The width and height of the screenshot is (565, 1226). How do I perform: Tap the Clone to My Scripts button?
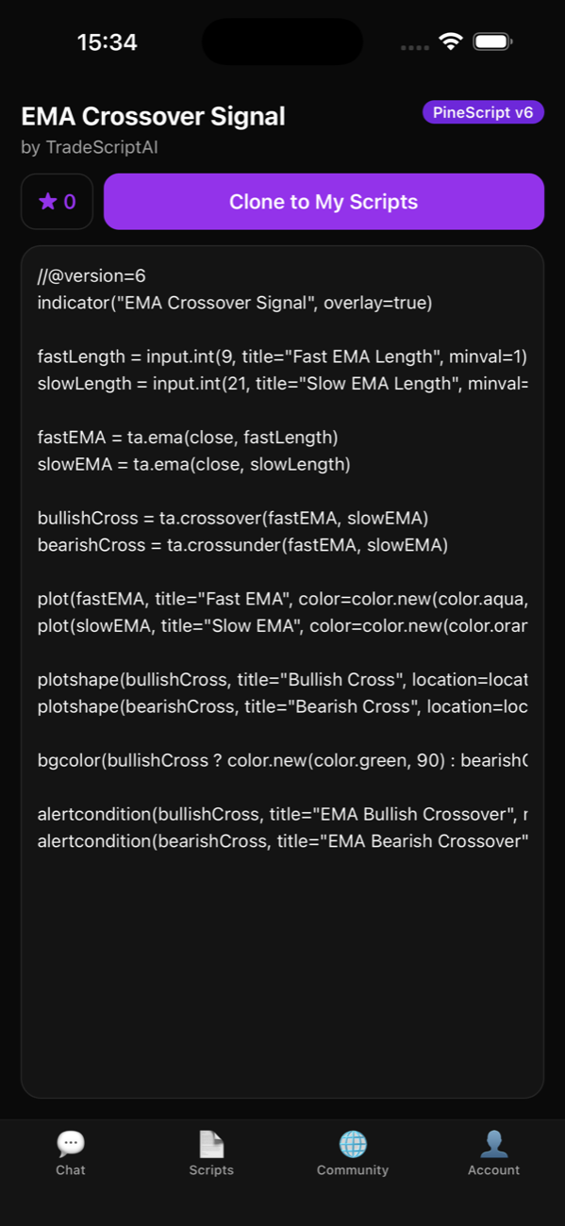point(324,202)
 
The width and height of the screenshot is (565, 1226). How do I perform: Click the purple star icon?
point(47,202)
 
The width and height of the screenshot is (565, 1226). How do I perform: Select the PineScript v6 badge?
point(483,112)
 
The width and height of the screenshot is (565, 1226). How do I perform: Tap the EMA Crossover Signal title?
point(154,116)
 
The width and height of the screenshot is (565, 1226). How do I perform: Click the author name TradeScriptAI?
point(102,147)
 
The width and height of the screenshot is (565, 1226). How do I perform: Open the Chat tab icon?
point(71,1143)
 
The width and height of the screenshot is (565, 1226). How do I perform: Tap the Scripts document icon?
point(211,1144)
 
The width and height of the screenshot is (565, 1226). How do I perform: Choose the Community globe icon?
point(353,1144)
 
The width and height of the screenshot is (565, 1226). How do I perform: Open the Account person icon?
point(494,1144)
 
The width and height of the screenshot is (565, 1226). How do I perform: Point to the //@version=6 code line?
point(91,275)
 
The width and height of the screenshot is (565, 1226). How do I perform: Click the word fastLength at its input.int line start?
point(81,356)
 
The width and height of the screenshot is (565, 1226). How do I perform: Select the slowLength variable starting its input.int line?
point(84,384)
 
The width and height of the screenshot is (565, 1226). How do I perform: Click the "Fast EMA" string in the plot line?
point(247,599)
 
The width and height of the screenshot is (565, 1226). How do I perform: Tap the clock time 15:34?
point(107,42)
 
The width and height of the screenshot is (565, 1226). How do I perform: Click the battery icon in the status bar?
point(492,41)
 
